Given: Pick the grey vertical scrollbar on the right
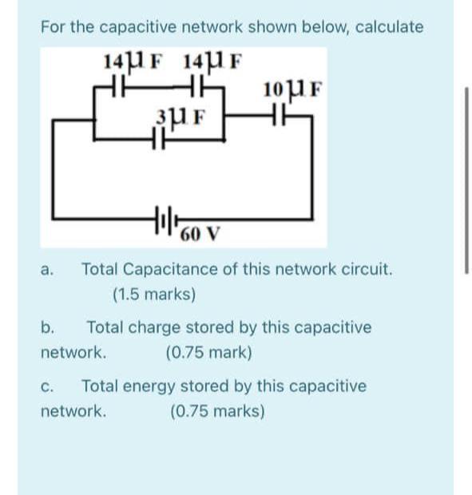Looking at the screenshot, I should (466, 179).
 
